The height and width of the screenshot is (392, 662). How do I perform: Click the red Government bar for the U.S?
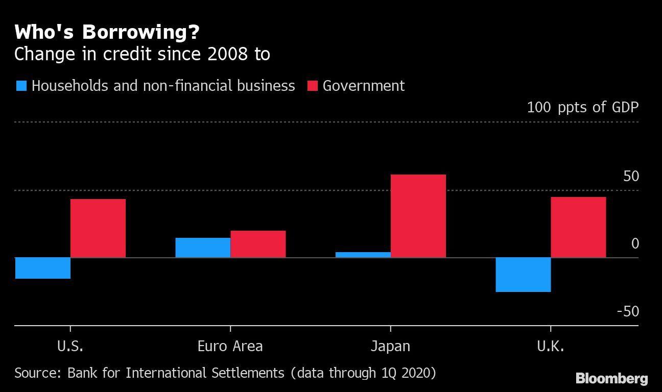click(98, 228)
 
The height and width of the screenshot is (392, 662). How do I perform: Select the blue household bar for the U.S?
click(43, 268)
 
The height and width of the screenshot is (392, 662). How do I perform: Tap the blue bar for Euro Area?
click(203, 248)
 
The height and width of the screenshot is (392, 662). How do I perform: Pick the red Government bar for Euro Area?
click(258, 244)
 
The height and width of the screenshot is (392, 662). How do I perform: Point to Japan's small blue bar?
click(363, 255)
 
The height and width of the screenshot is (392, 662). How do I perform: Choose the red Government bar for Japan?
click(418, 216)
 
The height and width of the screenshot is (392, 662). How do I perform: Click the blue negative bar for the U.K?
click(523, 275)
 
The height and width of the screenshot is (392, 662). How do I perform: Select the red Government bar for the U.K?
click(578, 227)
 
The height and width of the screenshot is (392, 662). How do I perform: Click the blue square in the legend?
click(21, 86)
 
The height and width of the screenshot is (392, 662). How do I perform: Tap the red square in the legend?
click(312, 86)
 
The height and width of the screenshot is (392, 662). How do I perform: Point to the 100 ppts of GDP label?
click(582, 107)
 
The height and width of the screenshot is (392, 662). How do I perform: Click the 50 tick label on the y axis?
click(631, 177)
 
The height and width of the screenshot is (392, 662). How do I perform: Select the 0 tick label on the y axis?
click(635, 244)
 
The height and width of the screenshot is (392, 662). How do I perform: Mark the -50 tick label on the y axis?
click(628, 311)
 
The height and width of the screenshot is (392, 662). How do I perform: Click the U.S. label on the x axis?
click(70, 347)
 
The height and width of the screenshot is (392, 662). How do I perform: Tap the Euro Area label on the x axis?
click(230, 347)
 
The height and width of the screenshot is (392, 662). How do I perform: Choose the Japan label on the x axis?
click(390, 347)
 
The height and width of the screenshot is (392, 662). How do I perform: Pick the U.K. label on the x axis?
click(551, 347)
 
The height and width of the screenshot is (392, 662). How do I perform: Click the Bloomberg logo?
click(611, 379)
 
